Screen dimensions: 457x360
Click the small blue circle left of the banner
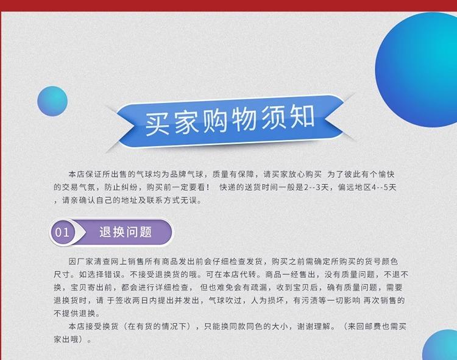coord(52,101)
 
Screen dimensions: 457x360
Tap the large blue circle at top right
coord(417,70)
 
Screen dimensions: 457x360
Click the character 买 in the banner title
coord(157,124)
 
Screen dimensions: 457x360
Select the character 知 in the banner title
coord(302,116)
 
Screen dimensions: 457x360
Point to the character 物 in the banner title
coord(244,119)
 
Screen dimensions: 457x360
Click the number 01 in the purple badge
coord(62,233)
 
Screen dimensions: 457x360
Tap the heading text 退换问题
coord(126,232)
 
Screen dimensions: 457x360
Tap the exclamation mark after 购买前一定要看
coord(208,187)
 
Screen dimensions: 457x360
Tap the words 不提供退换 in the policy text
coord(74,313)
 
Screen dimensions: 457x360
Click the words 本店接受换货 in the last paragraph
coord(93,326)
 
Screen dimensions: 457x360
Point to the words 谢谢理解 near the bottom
coord(314,326)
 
